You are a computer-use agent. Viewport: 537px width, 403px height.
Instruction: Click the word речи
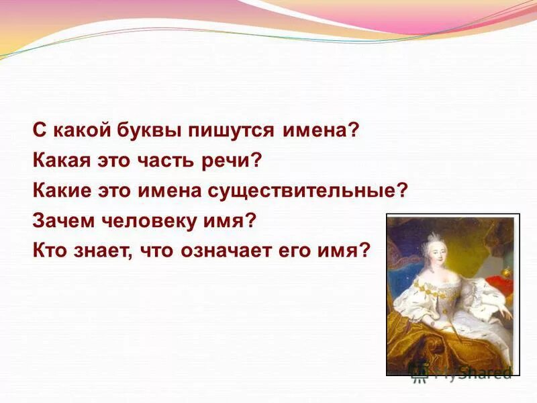pos(236,161)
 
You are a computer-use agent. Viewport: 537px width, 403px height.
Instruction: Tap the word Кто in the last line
pos(48,251)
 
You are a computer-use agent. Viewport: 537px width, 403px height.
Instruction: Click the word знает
pos(96,251)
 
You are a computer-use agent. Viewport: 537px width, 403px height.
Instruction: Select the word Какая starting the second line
pos(60,161)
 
